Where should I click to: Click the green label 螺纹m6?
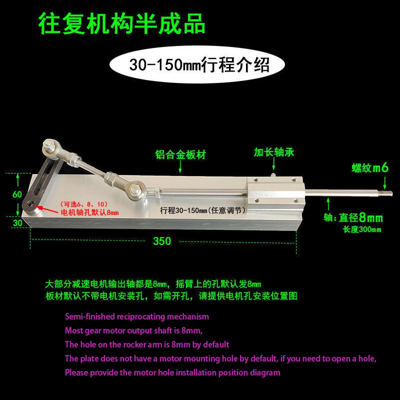pyautogui.click(x=370, y=167)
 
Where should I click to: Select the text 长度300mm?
pyautogui.click(x=361, y=229)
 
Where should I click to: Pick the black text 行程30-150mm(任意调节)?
pyautogui.click(x=202, y=210)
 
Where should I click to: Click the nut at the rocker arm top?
pyautogui.click(x=50, y=146)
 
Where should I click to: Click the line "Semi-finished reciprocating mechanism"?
pyautogui.click(x=137, y=316)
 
